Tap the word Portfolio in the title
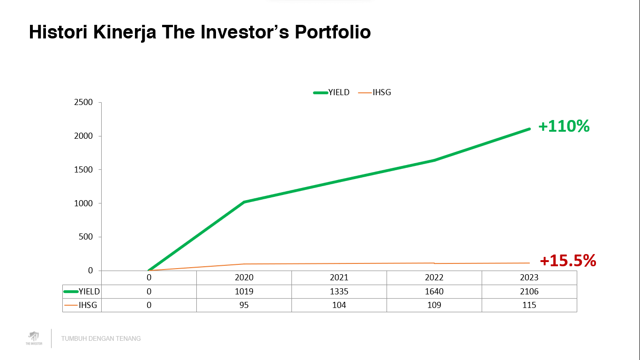coord(333,32)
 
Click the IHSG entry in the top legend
coord(381,92)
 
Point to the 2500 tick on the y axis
coord(84,102)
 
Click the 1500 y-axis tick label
coord(84,170)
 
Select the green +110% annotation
coord(564,127)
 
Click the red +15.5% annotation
coord(568,261)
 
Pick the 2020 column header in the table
coord(244,277)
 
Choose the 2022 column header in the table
coord(434,277)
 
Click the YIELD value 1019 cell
coord(244,292)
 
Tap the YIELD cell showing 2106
coord(529,292)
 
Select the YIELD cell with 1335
coord(339,292)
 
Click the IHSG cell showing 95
coord(244,305)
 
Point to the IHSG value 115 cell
coord(529,305)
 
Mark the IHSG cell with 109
coord(434,305)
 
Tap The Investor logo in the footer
coord(34,338)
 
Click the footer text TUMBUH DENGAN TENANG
coord(101,338)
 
